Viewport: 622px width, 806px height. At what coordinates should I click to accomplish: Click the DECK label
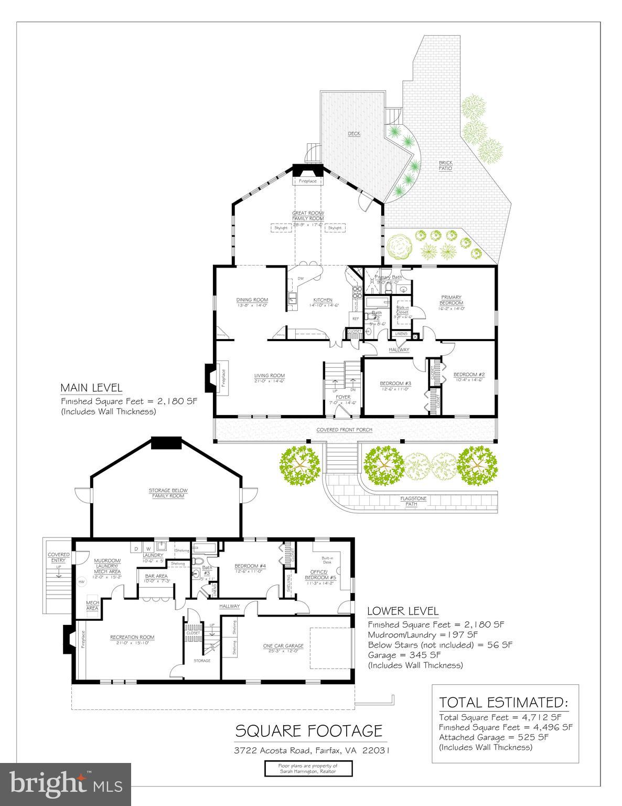click(354, 134)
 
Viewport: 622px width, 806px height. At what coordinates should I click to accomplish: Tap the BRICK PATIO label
click(445, 165)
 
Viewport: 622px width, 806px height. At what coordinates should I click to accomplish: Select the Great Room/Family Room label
click(308, 215)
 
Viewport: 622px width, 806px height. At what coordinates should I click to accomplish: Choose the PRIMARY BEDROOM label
click(451, 300)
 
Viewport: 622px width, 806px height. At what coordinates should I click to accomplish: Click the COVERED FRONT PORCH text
click(344, 430)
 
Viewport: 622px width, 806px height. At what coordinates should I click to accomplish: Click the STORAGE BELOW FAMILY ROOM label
click(168, 493)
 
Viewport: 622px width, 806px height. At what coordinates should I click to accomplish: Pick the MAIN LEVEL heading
click(91, 388)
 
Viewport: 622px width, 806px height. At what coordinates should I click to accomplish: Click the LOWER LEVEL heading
click(402, 611)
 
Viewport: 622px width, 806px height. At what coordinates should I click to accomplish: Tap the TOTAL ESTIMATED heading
click(503, 702)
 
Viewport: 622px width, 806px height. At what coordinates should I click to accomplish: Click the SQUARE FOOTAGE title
click(308, 730)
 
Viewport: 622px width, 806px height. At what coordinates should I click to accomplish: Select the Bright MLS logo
click(66, 784)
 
